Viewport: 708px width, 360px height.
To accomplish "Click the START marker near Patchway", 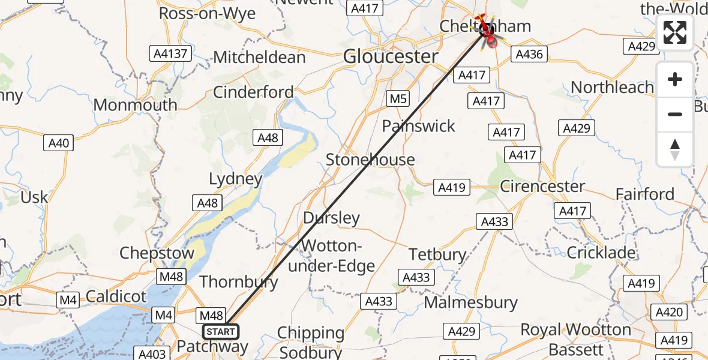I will click(220, 332).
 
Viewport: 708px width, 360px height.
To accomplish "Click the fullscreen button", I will click(675, 32).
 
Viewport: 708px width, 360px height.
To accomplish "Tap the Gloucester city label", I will click(391, 57).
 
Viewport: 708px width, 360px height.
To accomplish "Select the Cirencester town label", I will click(542, 186).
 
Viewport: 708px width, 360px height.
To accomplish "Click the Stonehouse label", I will click(370, 160).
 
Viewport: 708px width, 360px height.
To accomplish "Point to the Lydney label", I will click(236, 179).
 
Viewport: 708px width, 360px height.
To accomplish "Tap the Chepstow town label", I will click(157, 253).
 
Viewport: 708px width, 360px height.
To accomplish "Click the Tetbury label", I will click(437, 254).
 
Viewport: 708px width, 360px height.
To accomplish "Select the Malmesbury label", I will click(470, 302).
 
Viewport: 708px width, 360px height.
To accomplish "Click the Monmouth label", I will click(136, 105).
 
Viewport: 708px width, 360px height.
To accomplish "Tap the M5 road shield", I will click(397, 98).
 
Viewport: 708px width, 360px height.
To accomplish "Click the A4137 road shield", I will click(170, 54).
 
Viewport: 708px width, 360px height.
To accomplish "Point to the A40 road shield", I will click(59, 143).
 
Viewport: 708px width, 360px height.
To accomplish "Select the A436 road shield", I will click(529, 55).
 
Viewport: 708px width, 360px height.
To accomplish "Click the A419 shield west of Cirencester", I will click(451, 188).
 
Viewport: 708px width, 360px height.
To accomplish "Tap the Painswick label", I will click(419, 126).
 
